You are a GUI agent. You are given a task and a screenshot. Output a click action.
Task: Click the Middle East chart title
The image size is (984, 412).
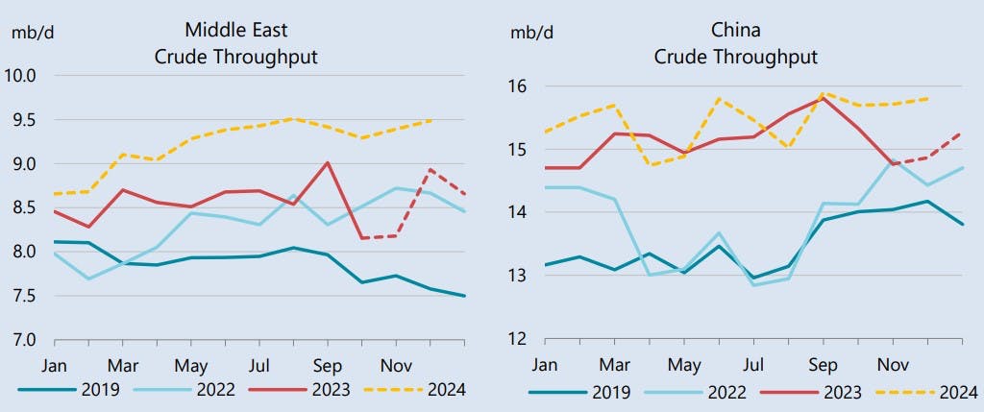click(235, 44)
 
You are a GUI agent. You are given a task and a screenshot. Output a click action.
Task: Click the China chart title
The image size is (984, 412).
click(735, 44)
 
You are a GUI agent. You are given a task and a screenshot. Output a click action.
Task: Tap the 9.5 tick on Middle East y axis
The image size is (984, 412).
click(21, 120)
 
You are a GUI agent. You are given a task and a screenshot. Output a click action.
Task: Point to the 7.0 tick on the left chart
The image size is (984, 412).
click(21, 340)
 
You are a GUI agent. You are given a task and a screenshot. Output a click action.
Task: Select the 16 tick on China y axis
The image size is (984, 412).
click(518, 86)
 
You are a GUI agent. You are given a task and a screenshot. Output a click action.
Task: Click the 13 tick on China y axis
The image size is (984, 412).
click(518, 276)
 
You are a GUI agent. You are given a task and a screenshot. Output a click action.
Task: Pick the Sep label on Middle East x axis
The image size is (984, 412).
click(328, 365)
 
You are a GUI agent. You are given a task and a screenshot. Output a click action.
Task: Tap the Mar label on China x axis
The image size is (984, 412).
click(614, 365)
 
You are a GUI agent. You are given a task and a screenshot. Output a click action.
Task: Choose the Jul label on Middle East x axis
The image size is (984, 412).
click(259, 365)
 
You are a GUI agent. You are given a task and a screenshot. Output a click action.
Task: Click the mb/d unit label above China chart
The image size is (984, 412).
click(531, 32)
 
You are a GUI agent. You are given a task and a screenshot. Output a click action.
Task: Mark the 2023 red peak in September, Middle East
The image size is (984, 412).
click(329, 162)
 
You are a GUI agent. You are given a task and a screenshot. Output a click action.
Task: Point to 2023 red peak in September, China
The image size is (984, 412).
click(824, 98)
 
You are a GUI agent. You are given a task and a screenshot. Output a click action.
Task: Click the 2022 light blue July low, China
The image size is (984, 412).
click(753, 285)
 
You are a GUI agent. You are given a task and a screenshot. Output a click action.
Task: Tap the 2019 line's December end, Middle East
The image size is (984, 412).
click(465, 296)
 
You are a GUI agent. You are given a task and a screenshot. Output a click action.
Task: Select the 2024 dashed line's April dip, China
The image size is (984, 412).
click(649, 165)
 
